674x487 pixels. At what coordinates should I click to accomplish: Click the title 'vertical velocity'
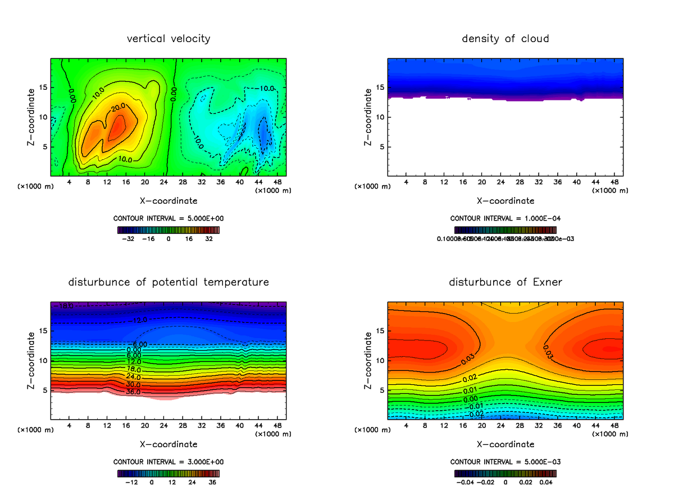coord(168,39)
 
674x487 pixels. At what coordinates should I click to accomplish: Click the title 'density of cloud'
coord(505,39)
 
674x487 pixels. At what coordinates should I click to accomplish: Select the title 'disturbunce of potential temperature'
coord(168,282)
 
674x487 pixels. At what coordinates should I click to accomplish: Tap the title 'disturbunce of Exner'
coord(505,282)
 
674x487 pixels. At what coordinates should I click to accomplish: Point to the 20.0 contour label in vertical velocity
coord(117,108)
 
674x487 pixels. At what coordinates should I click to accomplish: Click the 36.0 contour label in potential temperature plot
coord(133,391)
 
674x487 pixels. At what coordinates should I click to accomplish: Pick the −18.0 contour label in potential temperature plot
coord(66,306)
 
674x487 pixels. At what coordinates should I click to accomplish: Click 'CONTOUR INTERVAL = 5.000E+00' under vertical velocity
coord(168,218)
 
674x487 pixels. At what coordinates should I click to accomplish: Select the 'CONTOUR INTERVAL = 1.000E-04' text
coord(505,218)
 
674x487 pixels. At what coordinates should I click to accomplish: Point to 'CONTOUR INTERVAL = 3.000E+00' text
coord(168,462)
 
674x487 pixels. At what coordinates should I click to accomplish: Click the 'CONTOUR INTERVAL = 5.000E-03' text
coord(505,462)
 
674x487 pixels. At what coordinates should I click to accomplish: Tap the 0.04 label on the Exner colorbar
coord(547,482)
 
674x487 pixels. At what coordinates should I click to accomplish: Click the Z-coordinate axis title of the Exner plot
coord(368,360)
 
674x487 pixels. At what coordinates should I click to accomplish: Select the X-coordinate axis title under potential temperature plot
coord(168,444)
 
